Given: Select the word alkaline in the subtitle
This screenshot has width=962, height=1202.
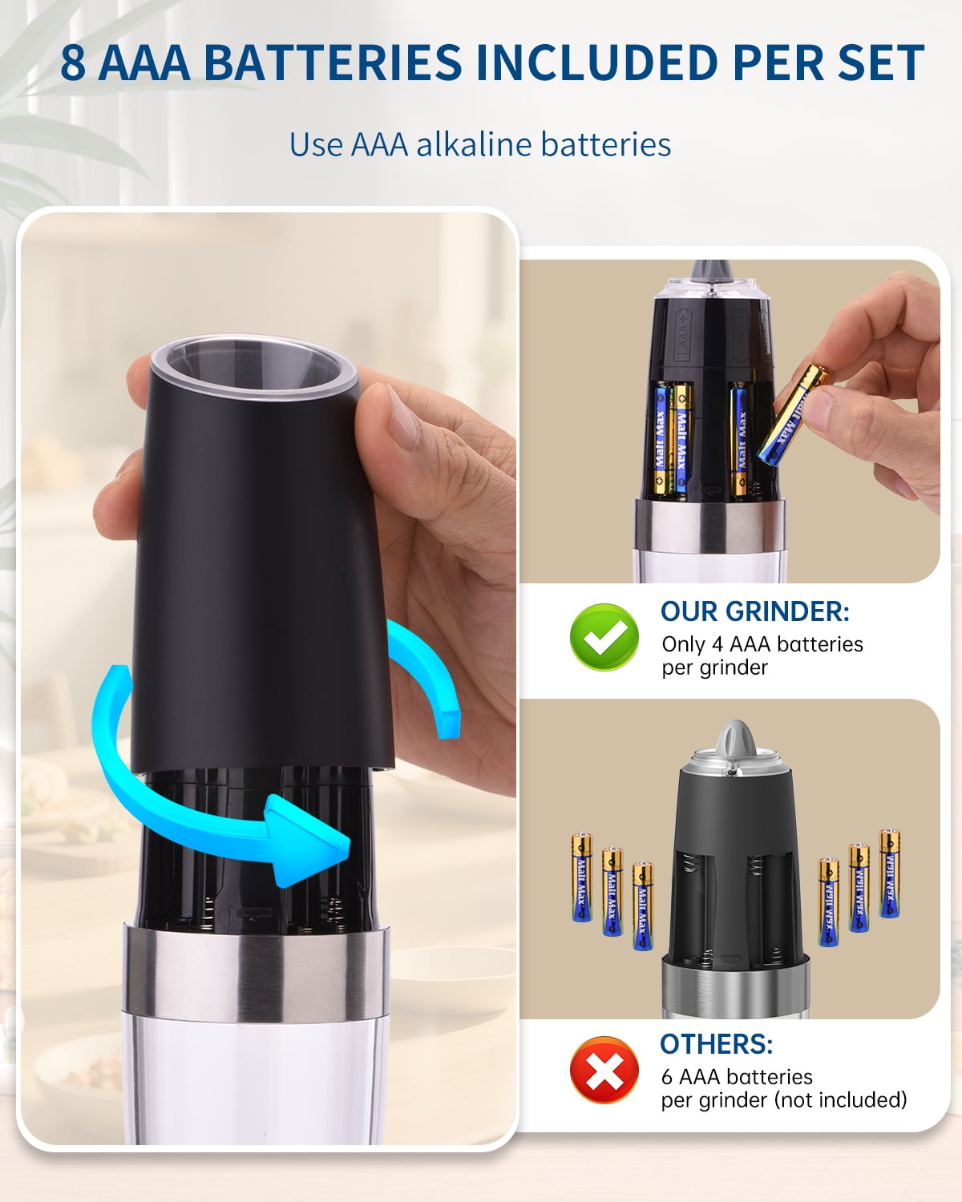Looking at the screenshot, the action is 474,145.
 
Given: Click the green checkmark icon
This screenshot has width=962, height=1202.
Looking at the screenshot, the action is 604,637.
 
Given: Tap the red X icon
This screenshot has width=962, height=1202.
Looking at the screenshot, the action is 604,1070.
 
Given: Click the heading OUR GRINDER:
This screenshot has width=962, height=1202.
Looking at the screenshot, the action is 755,611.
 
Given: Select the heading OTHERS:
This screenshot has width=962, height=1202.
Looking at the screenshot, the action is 717,1044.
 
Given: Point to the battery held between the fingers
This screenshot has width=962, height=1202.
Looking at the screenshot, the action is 794,413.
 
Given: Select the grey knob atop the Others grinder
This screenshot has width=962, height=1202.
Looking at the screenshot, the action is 737,739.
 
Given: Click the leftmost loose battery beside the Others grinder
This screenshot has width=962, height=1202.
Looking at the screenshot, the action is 582,877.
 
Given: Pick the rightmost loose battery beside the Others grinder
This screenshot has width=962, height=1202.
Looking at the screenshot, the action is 889,873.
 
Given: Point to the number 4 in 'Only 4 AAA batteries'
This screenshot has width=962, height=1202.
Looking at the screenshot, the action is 717,644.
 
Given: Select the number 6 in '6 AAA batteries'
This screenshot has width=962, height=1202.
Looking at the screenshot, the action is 667,1077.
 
